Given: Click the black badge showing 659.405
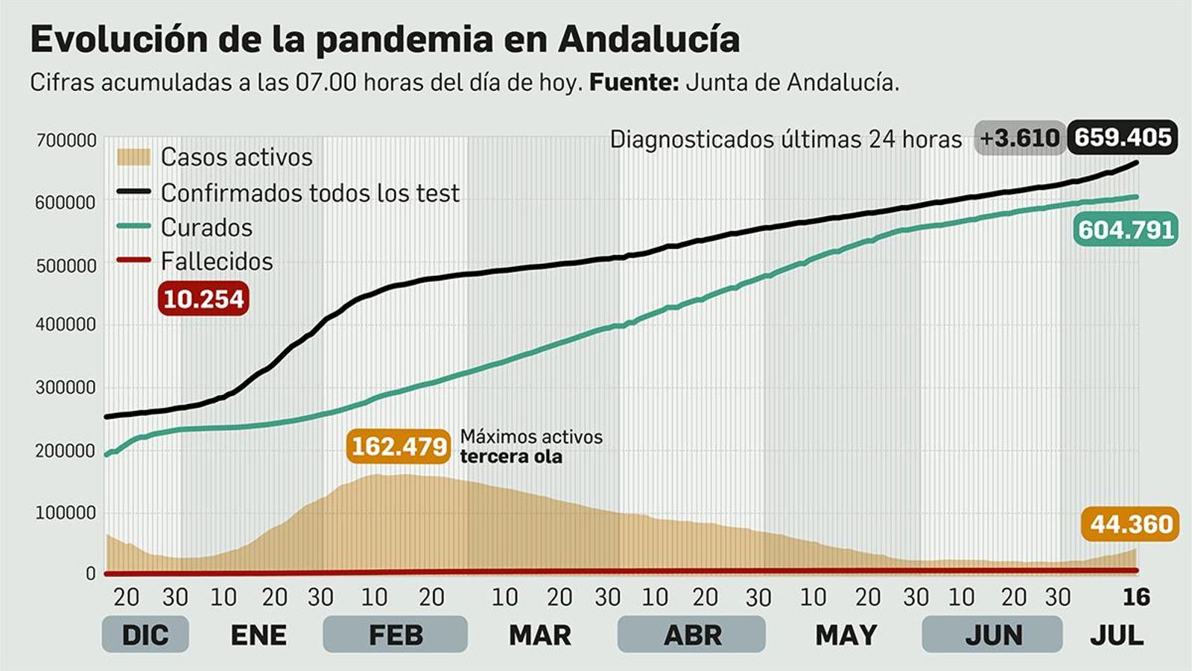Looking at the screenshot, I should [x=1122, y=138].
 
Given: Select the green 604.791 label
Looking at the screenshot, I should [x=1126, y=230].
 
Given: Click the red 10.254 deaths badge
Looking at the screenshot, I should [x=203, y=299].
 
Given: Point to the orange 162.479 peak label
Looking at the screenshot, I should [x=399, y=447].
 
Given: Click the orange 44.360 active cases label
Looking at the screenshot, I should [x=1130, y=525].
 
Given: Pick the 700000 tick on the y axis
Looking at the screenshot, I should [x=66, y=140].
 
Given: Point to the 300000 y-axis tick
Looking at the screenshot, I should [x=66, y=388].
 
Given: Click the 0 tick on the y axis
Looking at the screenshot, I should [x=91, y=573].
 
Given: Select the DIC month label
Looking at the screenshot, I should [x=145, y=635].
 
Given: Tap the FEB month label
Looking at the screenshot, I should [x=395, y=635].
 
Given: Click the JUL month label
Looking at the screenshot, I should [x=1116, y=635].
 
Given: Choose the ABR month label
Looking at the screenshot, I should [x=692, y=635].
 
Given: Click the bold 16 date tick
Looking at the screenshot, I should [x=1136, y=597].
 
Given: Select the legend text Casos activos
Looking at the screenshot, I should [x=236, y=157].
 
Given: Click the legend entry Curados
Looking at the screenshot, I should [x=206, y=227].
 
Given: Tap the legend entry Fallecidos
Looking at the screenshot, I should [x=217, y=262].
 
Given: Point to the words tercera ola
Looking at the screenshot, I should [x=511, y=456].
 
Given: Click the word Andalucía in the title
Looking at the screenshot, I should [x=648, y=40].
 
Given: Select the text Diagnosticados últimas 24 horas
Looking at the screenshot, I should [x=786, y=139].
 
